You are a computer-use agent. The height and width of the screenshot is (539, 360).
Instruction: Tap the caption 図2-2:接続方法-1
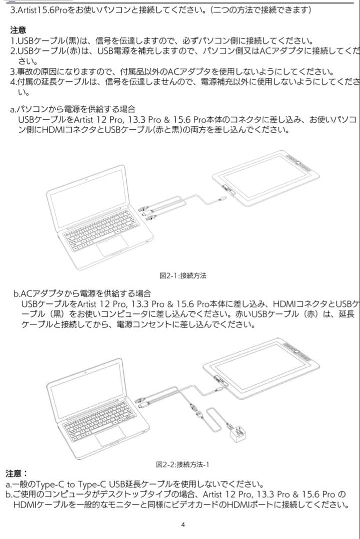point(183,464)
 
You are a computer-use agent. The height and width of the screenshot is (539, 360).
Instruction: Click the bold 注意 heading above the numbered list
point(18,30)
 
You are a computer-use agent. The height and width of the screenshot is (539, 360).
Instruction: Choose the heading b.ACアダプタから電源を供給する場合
point(82,293)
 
